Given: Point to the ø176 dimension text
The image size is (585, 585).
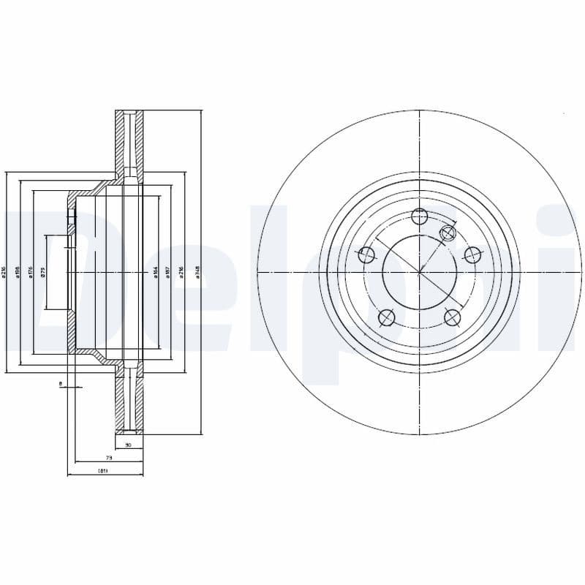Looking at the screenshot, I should tap(30, 272).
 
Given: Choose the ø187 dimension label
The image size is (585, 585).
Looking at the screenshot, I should tap(168, 272).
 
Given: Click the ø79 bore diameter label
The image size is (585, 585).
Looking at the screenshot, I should tap(43, 272).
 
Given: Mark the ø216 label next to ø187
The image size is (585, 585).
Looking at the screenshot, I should tap(181, 272).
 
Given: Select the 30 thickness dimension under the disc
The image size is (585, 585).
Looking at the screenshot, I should tap(128, 445).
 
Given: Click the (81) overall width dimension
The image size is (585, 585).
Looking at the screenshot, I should tap(103, 471).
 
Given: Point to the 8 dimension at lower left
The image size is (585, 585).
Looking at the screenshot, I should tap(61, 382).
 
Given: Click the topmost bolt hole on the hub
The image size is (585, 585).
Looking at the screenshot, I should tap(419, 216).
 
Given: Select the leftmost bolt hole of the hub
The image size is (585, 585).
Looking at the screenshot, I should tap(367, 254).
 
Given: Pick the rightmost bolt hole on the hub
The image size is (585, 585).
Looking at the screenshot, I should tap(472, 254).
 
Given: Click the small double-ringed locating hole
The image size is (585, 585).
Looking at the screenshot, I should tap(448, 233).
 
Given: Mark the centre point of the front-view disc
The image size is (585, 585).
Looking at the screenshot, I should tap(419, 272).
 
